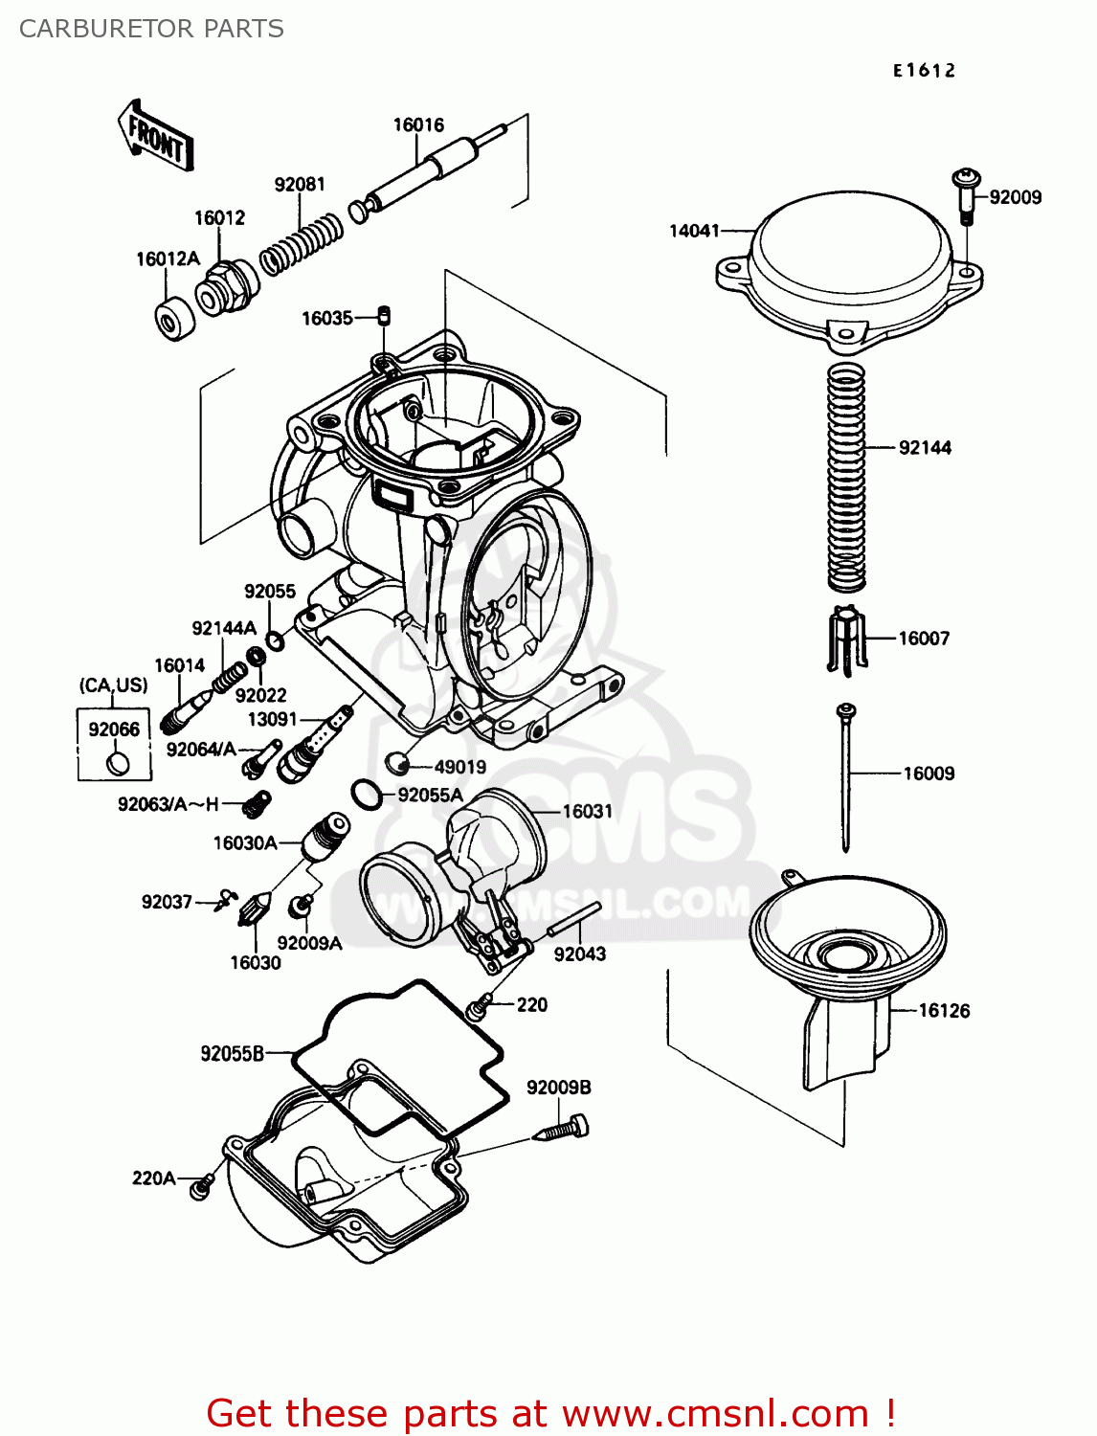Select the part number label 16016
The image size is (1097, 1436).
(418, 125)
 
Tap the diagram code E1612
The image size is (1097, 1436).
(924, 70)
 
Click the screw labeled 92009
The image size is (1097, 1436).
(966, 194)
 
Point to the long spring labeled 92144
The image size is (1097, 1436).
(846, 476)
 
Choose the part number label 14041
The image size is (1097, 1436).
(694, 231)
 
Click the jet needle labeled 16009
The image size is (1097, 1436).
(846, 775)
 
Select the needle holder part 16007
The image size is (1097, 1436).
(846, 638)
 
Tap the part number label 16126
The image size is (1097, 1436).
(944, 1010)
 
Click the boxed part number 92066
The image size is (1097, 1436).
(114, 729)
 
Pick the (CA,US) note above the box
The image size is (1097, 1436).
(113, 685)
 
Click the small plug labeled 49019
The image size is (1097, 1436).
(398, 763)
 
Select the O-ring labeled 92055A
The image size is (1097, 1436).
(365, 794)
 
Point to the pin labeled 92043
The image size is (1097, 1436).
(573, 920)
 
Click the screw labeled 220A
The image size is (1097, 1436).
(200, 1187)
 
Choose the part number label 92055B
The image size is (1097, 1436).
(232, 1053)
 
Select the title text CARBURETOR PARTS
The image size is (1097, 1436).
(151, 29)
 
